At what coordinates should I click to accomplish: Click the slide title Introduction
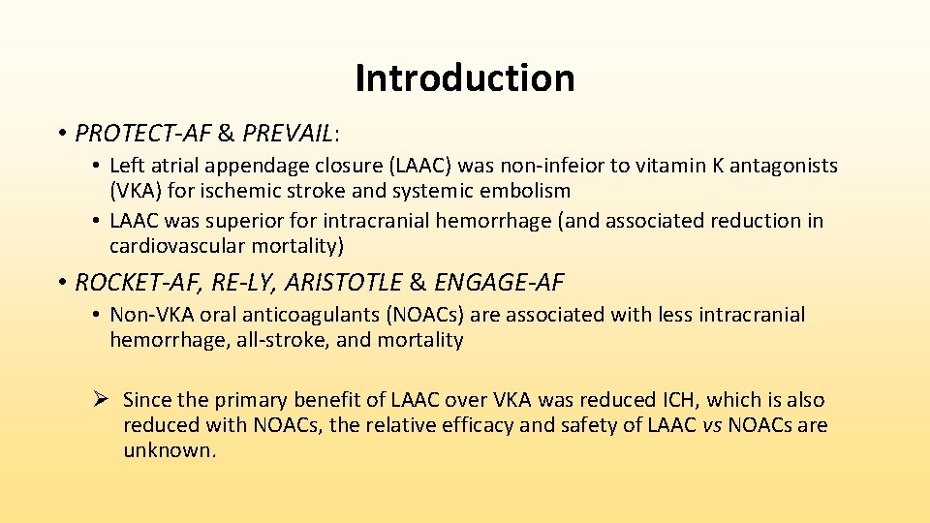point(465,78)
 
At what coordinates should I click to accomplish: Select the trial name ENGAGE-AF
point(499,283)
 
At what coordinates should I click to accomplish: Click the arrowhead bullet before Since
point(104,400)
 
